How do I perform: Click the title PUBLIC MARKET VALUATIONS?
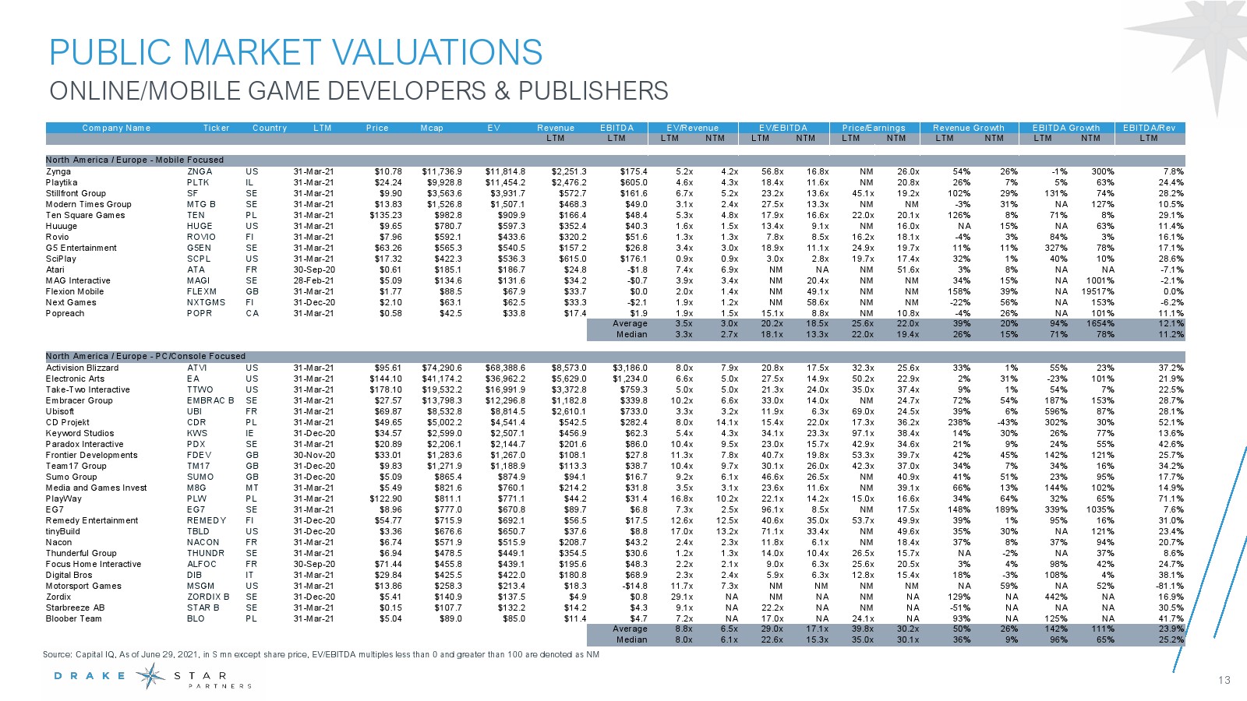[295, 53]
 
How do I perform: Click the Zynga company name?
[58, 171]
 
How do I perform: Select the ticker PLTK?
[198, 182]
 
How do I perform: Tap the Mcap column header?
[432, 128]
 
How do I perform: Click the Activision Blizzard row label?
[82, 368]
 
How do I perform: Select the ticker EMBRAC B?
[210, 400]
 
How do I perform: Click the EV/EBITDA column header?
[783, 128]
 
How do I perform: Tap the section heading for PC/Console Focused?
[146, 356]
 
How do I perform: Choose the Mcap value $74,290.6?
[442, 368]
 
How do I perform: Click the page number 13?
[1224, 680]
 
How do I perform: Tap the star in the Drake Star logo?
[150, 676]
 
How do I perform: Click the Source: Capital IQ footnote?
[321, 654]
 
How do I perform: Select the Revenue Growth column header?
[968, 128]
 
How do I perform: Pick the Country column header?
[270, 128]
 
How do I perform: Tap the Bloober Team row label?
[73, 618]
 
